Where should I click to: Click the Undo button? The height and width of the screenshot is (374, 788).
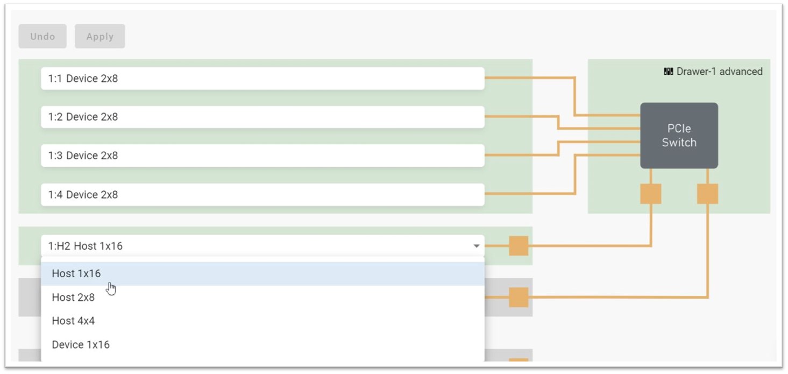click(42, 36)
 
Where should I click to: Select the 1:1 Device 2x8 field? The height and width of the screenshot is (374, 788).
click(262, 79)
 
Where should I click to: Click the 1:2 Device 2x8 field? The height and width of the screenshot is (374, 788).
click(262, 117)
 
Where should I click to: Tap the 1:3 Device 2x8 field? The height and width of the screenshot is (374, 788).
click(262, 156)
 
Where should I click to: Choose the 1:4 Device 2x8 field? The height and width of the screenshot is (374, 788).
click(262, 195)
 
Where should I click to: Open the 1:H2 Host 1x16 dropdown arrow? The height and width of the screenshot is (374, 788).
click(477, 246)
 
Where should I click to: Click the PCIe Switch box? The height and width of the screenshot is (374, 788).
click(679, 136)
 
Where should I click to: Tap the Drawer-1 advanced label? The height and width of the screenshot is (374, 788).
click(719, 72)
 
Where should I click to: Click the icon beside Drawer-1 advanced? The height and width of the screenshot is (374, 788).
click(668, 72)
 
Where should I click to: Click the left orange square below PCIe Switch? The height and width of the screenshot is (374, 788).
click(651, 194)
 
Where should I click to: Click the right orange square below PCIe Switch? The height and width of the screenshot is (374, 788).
click(707, 194)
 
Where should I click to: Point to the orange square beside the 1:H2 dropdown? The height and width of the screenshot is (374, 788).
click(519, 245)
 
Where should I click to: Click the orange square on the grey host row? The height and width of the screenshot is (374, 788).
click(519, 297)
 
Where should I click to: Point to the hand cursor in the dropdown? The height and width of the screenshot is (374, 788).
click(111, 288)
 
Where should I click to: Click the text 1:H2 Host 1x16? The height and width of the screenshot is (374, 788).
click(86, 246)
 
